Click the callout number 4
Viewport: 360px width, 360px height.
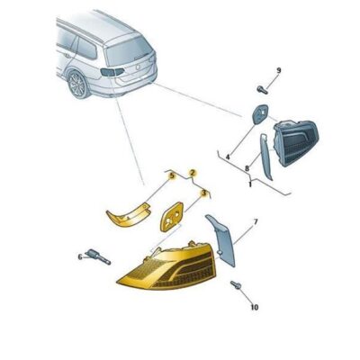coord(228,157)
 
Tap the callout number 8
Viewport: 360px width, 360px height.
coord(246,168)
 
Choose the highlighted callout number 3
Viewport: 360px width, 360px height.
coord(204,193)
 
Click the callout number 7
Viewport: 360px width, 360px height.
coord(255,220)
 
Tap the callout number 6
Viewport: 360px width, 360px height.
coord(78,256)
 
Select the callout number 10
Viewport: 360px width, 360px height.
coord(253,308)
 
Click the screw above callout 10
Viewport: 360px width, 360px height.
coord(237,287)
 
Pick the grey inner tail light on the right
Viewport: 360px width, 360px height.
coord(297,144)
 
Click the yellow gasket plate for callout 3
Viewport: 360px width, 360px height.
coord(171,217)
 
